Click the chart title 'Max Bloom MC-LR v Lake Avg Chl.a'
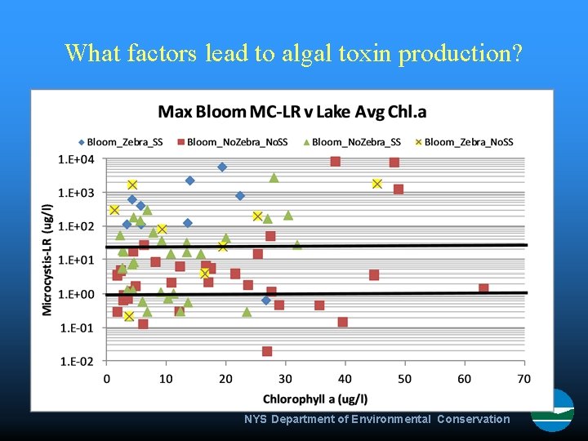click(x=292, y=111)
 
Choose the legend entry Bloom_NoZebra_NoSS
click(x=234, y=142)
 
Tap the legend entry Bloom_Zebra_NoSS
click(x=464, y=142)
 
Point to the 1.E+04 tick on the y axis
click(x=76, y=159)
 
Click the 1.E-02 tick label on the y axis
click(x=76, y=361)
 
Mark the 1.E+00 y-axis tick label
click(x=76, y=294)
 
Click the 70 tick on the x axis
click(x=523, y=379)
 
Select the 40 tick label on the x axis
click(x=345, y=379)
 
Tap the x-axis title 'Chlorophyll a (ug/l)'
click(x=315, y=399)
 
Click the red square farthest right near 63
click(x=483, y=288)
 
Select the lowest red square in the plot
click(x=267, y=351)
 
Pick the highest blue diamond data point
click(x=221, y=167)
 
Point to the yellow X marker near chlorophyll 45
click(x=376, y=184)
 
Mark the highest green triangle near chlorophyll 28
click(x=274, y=177)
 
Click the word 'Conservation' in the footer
click(x=473, y=419)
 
